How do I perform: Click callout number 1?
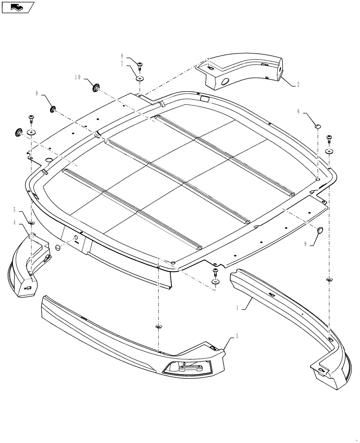[x=238, y=307]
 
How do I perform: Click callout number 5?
[x=15, y=210]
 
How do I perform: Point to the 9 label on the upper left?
[x=38, y=93]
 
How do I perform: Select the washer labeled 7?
[x=140, y=79]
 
